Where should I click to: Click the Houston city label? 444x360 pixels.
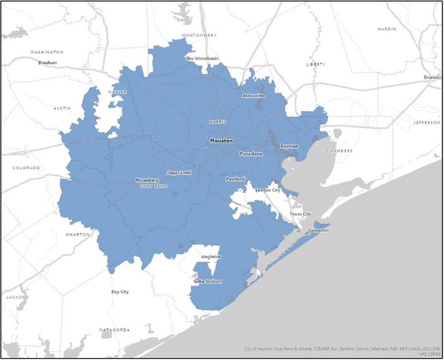[x=221, y=141]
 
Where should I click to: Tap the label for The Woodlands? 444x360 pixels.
[x=202, y=58]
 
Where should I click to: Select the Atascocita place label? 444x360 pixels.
[x=253, y=95]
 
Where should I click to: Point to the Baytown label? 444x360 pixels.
[x=289, y=146]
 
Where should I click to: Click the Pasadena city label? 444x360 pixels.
[x=251, y=154]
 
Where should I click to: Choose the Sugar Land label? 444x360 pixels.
[x=179, y=172]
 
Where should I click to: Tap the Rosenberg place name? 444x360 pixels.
[x=147, y=180]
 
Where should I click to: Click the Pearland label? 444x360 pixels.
[x=236, y=179]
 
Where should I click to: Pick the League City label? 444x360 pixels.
[x=268, y=190]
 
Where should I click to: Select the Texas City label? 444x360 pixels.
[x=300, y=214]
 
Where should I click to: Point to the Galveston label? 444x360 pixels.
[x=319, y=231]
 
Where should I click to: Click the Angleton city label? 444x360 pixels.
[x=211, y=257]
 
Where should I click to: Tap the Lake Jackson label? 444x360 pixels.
[x=208, y=281]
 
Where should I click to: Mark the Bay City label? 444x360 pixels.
[x=120, y=291]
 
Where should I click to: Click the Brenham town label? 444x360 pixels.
[x=47, y=63]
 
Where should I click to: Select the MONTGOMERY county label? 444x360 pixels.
[x=199, y=35]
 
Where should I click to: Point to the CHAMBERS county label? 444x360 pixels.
[x=340, y=151]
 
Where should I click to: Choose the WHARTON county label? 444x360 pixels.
[x=77, y=234]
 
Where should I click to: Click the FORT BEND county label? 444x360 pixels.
[x=154, y=186]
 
